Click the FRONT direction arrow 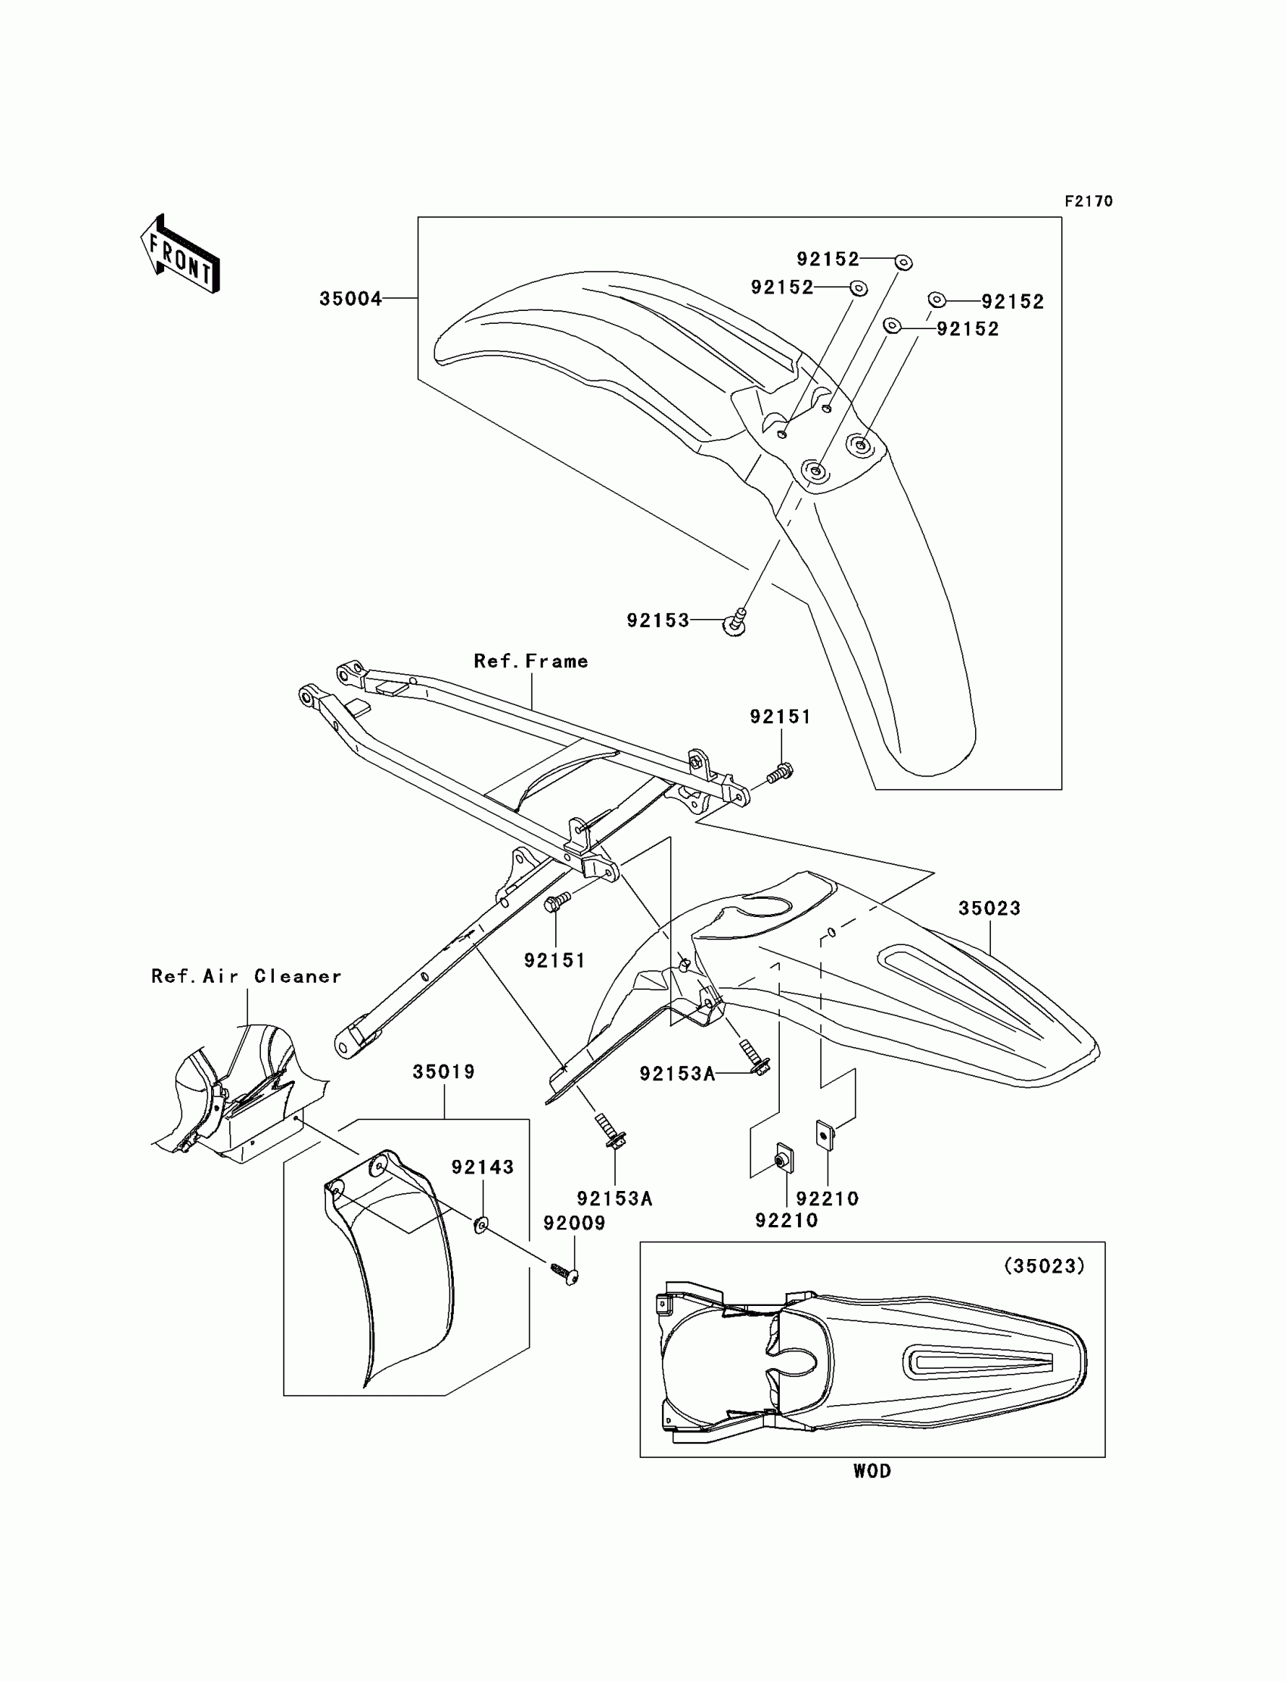coord(180,255)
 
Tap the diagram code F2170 coord(1088,201)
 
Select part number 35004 coord(350,299)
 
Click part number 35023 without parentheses coord(989,909)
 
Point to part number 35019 coord(444,1072)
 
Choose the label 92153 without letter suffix coord(658,621)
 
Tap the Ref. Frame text coord(531,661)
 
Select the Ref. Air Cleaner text coord(247,976)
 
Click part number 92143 coord(483,1167)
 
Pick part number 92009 coord(574,1223)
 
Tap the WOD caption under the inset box coord(872,1472)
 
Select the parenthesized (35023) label coord(1044,1267)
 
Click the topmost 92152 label coord(828,260)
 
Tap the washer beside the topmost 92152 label coord(903,263)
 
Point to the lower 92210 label coord(786,1220)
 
